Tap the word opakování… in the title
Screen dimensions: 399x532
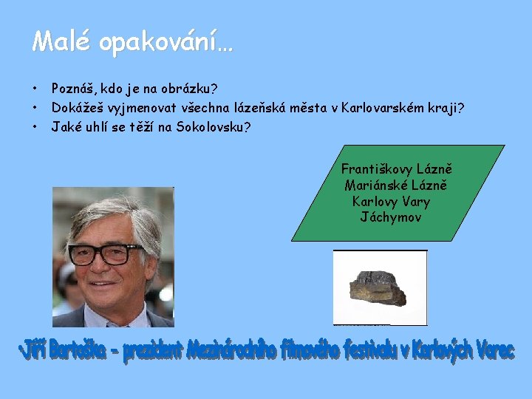coord(166,43)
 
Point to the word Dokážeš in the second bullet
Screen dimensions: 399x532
coord(77,109)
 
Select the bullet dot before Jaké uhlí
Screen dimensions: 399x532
coord(35,127)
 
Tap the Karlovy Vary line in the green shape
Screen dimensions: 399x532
coord(391,201)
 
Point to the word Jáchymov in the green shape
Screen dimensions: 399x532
coord(390,216)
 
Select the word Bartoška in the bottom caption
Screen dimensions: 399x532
coord(83,351)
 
